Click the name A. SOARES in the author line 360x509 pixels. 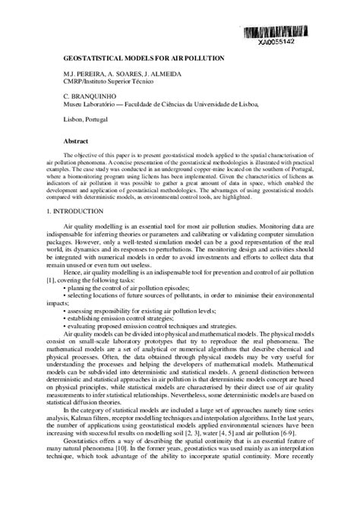[125, 73]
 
